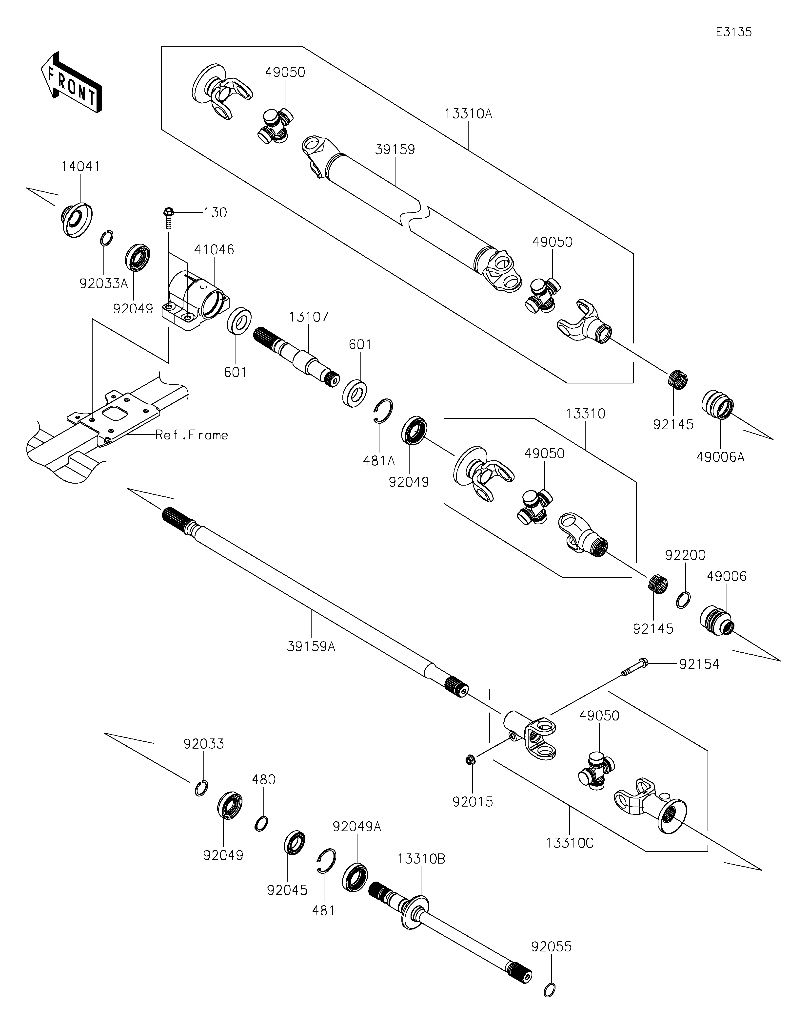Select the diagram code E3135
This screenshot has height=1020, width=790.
point(733,32)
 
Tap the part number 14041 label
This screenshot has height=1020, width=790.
point(80,166)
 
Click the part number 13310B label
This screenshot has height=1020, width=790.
point(421,859)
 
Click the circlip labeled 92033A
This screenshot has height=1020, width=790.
point(107,238)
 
